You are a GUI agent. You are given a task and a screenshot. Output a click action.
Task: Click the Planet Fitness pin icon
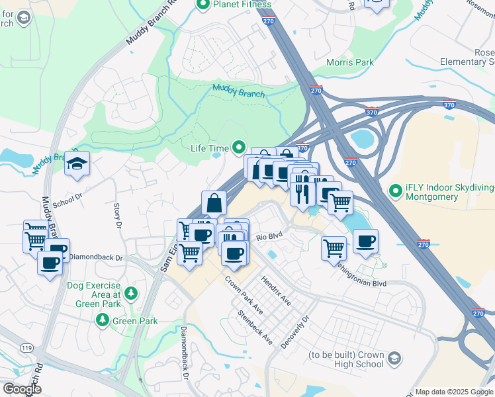203,5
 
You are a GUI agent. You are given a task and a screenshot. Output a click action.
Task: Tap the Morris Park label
349,63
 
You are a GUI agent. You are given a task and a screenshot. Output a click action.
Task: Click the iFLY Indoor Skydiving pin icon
396,191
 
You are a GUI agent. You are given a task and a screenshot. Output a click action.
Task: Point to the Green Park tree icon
103,321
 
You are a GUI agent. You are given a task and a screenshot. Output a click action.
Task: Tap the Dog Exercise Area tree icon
132,292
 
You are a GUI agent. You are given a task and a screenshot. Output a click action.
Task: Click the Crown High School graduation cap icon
394,358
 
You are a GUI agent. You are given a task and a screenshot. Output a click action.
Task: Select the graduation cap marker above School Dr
77,164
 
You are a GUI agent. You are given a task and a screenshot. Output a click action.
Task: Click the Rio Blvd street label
269,236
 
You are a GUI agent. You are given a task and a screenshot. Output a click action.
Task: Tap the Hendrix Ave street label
276,290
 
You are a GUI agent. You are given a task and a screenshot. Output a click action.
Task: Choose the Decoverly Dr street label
295,329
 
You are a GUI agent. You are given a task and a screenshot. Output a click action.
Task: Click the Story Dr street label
118,216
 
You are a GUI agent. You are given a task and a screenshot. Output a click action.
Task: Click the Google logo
22,389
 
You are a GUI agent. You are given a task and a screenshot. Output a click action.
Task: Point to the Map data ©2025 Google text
453,392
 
